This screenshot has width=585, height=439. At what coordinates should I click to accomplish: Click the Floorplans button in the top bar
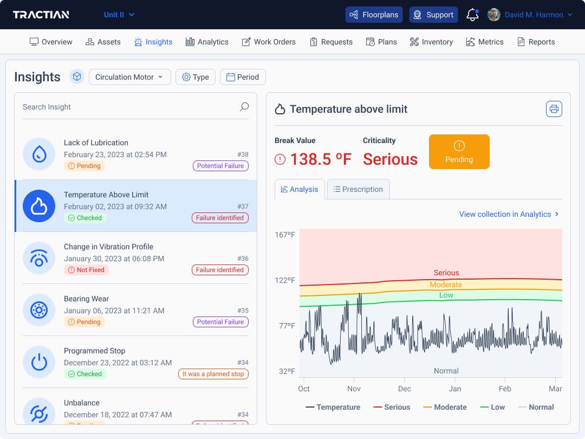(x=374, y=15)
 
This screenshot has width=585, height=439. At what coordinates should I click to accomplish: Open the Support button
(x=433, y=15)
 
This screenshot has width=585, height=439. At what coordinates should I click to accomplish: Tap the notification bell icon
(x=472, y=15)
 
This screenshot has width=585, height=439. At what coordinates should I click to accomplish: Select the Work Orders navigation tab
(x=269, y=42)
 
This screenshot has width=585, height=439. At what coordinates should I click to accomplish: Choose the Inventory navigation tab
(x=431, y=42)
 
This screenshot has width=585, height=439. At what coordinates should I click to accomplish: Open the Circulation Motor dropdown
(x=129, y=77)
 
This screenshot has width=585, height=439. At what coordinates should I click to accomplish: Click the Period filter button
(x=243, y=77)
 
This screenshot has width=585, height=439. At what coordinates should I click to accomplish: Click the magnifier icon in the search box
(x=244, y=107)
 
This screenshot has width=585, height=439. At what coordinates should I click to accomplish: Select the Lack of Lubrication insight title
(x=96, y=143)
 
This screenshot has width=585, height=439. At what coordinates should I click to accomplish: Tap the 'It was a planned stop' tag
(x=213, y=374)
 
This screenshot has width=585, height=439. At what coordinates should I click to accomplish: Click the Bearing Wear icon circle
(x=39, y=310)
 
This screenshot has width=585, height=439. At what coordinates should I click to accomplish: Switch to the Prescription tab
(x=358, y=189)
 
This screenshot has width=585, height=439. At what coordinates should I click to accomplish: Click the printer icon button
(x=554, y=109)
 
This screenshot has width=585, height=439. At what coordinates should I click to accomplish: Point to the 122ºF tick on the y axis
(x=285, y=280)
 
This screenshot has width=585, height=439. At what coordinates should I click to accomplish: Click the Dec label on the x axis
(x=404, y=389)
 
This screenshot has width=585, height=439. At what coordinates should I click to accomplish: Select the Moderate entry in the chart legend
(x=445, y=407)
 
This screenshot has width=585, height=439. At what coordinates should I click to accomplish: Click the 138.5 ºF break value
(x=320, y=159)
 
